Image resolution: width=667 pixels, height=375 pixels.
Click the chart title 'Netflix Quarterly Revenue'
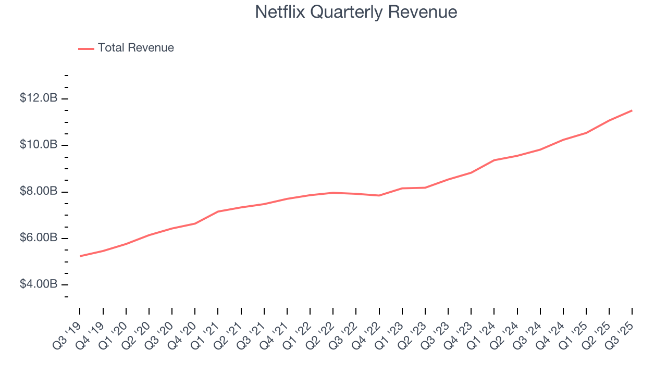356,12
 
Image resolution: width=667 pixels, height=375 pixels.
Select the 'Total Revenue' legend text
135,48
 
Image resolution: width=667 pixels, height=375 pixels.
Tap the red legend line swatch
86,48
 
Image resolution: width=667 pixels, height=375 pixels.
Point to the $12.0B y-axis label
38,98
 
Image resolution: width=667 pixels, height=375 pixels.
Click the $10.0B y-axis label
38,145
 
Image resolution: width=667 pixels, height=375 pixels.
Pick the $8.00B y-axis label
38,192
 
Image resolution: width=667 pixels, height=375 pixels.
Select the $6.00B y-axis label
38,238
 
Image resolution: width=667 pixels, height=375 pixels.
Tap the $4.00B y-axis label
38,285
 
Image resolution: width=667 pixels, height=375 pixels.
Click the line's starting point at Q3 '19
80,256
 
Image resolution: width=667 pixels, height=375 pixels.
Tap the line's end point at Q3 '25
632,110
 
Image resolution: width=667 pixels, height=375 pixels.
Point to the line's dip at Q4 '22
379,195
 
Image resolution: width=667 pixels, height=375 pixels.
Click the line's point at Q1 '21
218,211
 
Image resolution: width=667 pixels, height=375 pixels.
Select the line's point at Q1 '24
494,160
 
